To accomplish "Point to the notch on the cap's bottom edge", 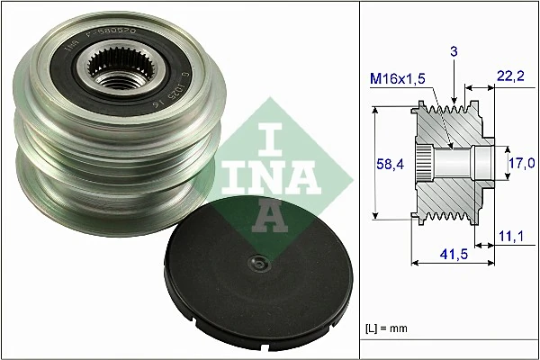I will point(209,318).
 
